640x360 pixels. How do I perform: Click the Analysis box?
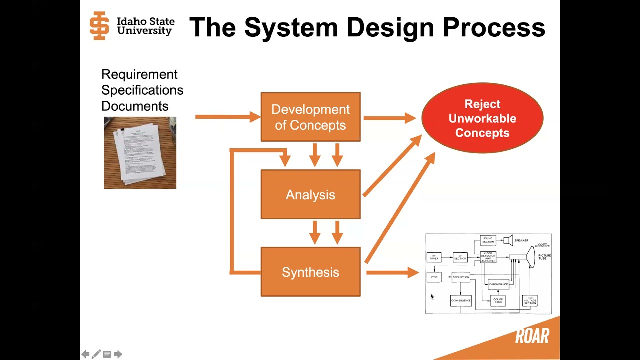click(310, 194)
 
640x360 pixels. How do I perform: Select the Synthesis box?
click(310, 272)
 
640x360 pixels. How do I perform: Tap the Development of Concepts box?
click(310, 117)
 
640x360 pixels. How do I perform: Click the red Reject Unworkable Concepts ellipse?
click(482, 118)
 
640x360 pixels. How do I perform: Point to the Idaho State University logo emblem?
click(99, 26)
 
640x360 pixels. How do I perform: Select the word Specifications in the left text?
click(142, 90)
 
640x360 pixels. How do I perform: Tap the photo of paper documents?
click(140, 153)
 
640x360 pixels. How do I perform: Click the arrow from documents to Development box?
click(227, 117)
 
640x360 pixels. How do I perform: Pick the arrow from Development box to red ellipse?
click(389, 118)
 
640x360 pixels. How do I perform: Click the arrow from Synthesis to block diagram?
click(392, 272)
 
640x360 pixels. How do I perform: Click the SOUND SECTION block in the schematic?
click(488, 240)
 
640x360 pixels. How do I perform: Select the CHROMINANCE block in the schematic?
click(498, 284)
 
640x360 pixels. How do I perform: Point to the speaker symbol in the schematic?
click(508, 240)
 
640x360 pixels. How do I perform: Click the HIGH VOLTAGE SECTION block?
click(530, 301)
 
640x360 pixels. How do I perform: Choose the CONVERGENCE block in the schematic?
click(461, 300)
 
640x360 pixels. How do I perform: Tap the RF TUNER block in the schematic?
click(434, 257)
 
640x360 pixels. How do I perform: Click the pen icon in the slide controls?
click(96, 354)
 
